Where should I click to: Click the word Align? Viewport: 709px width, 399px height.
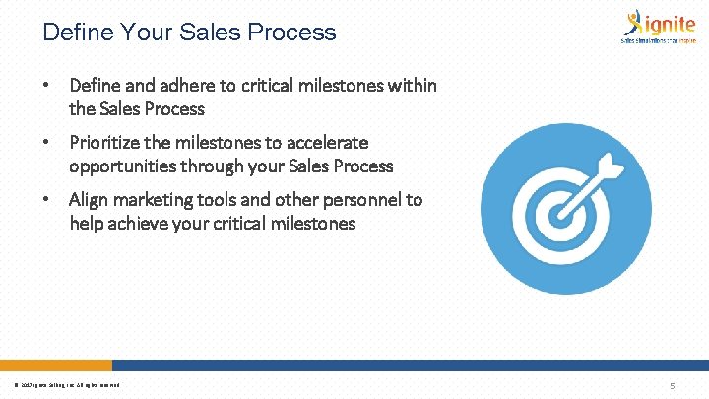pos(89,200)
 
